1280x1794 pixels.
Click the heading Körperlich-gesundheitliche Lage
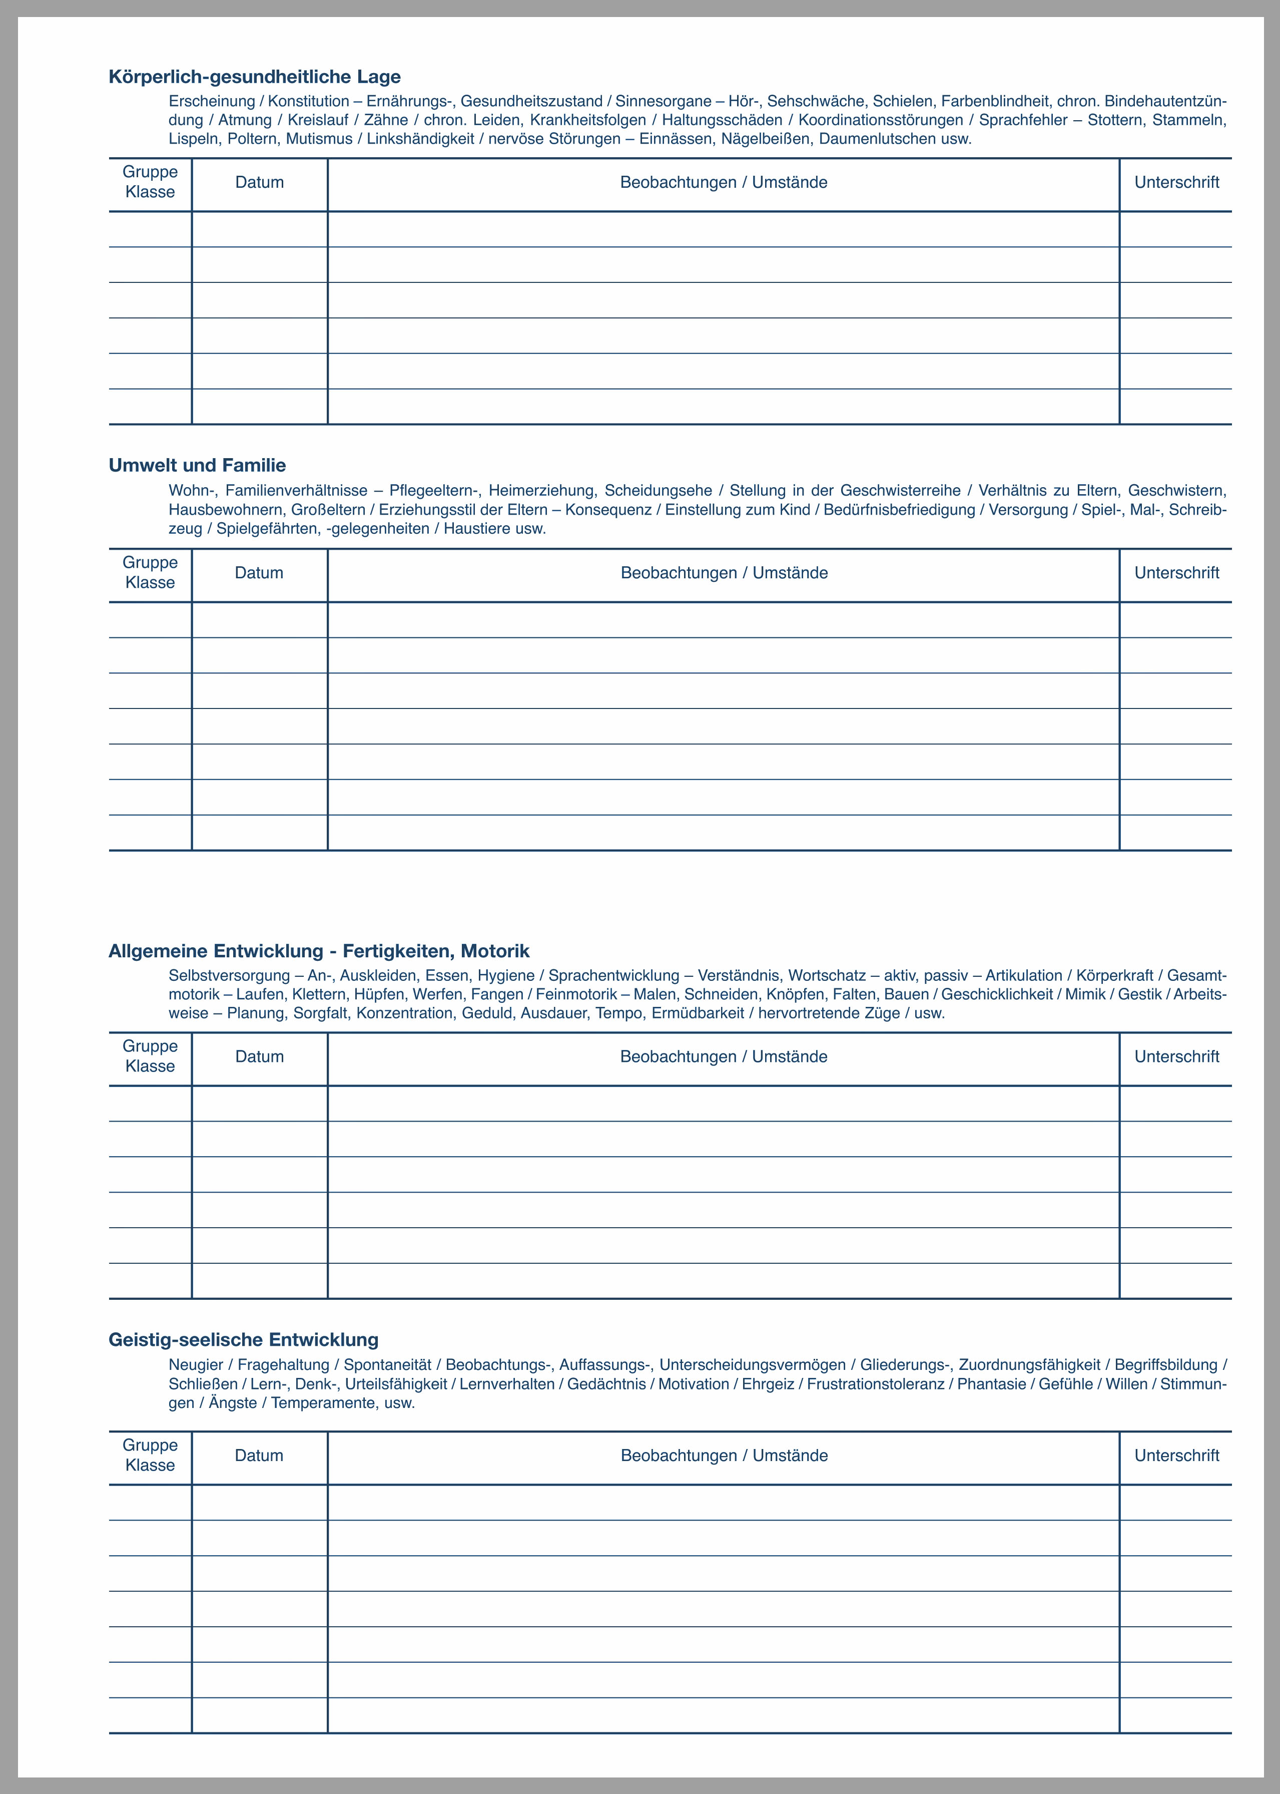coord(255,77)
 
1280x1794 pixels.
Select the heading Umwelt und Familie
coord(197,465)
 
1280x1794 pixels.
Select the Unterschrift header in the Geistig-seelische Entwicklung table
coord(1177,1456)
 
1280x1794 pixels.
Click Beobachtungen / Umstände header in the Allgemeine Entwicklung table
coord(724,1056)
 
